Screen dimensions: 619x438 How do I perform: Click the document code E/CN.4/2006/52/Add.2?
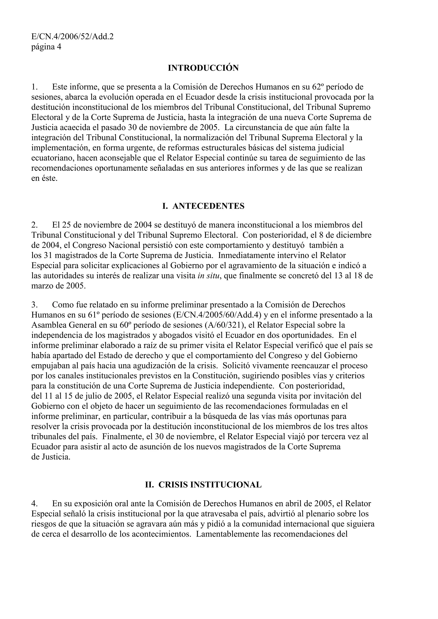coord(72,36)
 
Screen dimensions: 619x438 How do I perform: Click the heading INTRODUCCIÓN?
coord(203,68)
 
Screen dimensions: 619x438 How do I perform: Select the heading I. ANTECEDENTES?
coord(203,206)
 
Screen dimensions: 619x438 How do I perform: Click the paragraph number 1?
coord(34,87)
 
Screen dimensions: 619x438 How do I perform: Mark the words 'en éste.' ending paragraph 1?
coord(44,179)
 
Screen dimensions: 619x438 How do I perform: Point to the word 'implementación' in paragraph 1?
coord(61,148)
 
